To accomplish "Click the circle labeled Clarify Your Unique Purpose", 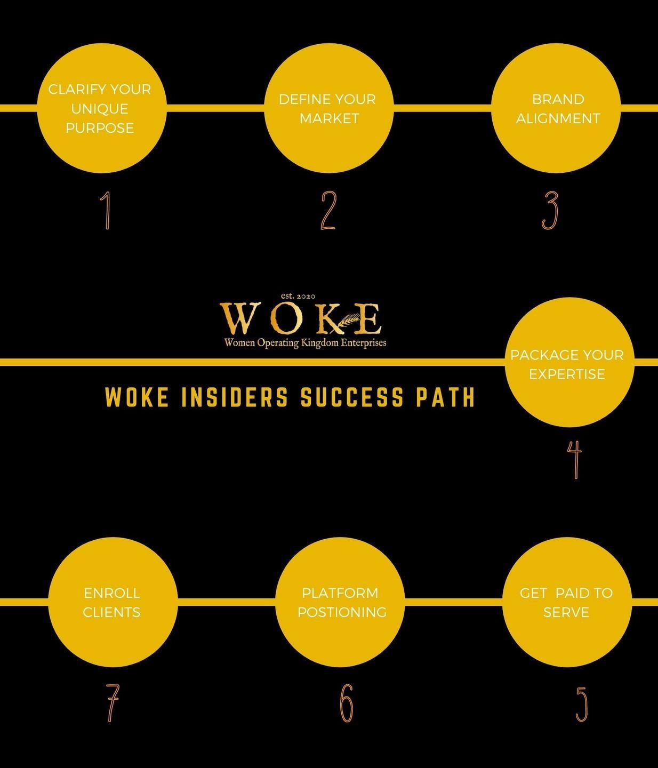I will pyautogui.click(x=101, y=108).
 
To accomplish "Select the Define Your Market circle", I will pyautogui.click(x=329, y=108).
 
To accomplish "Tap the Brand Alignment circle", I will pyautogui.click(x=556, y=108).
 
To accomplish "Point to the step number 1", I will pyautogui.click(x=106, y=210).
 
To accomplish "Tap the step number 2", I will pyautogui.click(x=328, y=210).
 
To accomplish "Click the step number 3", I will pyautogui.click(x=549, y=210).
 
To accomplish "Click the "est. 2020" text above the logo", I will pyautogui.click(x=299, y=296).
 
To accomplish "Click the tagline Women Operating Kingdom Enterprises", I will pyautogui.click(x=305, y=342).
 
